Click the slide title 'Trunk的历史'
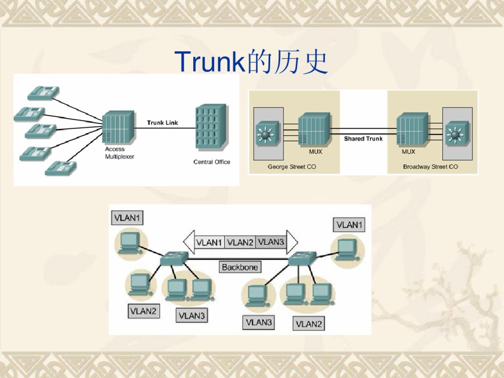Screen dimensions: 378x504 [251, 62]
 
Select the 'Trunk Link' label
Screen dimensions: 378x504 [162, 122]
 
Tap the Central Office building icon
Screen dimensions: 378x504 [211, 127]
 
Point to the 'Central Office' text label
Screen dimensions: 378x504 [212, 162]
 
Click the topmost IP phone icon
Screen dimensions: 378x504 [43, 92]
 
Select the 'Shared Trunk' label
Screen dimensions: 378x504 [363, 139]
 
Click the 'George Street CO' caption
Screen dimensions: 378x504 [292, 167]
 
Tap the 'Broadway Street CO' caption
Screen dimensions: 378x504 [430, 167]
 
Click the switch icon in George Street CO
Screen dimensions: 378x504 [268, 133]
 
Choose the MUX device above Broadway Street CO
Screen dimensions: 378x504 [412, 129]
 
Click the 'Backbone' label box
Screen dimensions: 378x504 [240, 267]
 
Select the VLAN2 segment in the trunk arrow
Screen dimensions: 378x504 [240, 242]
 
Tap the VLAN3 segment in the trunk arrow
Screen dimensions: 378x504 [271, 242]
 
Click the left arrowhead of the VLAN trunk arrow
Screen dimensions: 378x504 [188, 241]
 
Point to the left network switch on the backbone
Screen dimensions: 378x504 [174, 259]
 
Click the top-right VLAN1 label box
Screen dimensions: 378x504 [349, 225]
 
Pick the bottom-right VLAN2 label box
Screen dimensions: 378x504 [308, 324]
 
